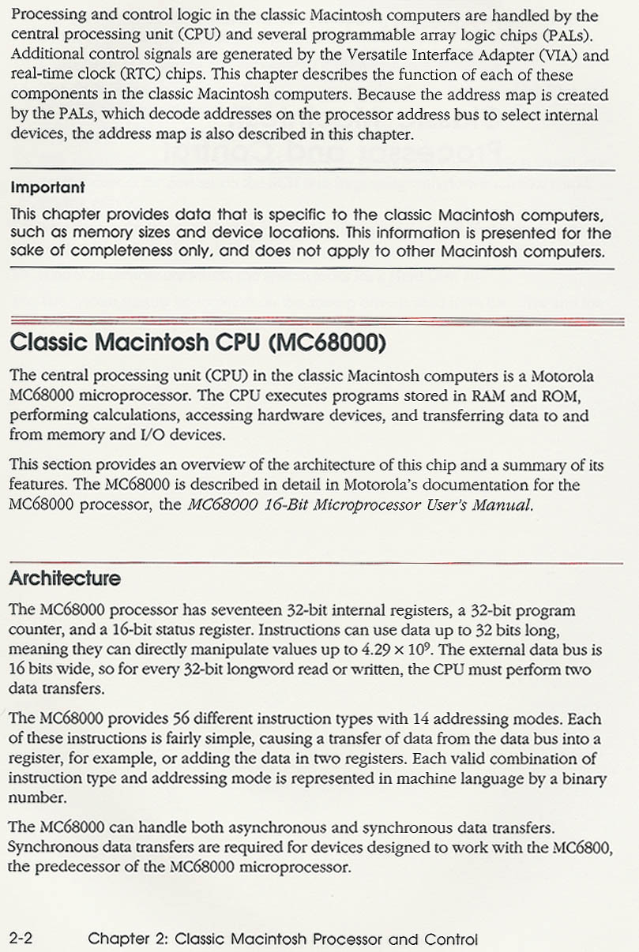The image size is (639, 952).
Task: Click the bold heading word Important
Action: [x=47, y=188]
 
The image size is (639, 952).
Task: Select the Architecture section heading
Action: [x=65, y=579]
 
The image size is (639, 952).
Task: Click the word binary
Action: [x=581, y=778]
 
